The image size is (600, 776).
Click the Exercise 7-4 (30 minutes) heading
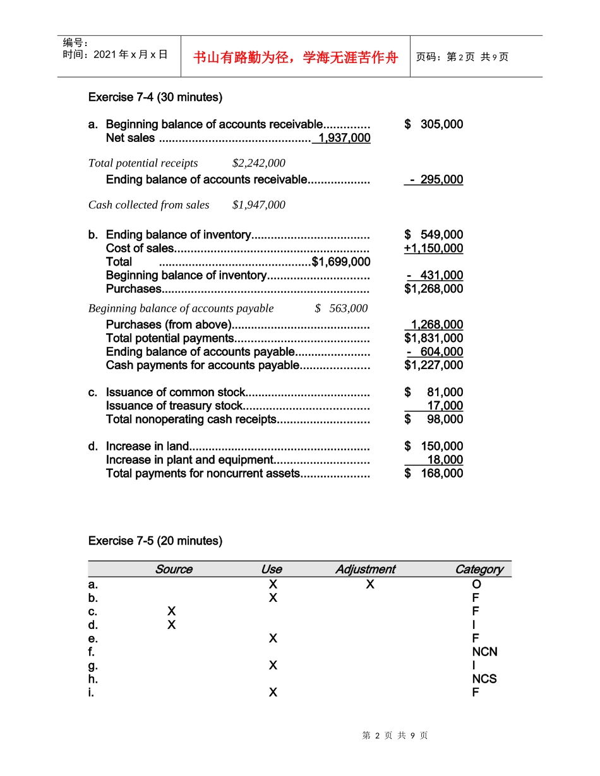click(155, 97)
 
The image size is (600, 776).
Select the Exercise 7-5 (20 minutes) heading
click(155, 541)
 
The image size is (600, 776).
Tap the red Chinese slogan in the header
click(296, 57)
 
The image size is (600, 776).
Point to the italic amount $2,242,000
click(259, 163)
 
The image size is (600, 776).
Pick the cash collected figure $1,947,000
click(259, 205)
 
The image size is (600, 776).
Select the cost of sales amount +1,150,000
click(433, 249)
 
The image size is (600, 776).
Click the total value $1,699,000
click(341, 262)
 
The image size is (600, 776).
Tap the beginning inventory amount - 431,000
click(435, 276)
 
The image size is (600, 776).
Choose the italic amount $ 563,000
click(341, 309)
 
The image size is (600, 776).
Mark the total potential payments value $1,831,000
click(433, 338)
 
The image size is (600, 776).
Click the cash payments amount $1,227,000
click(433, 365)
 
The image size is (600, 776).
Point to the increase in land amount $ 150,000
click(433, 446)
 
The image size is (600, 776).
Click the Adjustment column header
click(365, 569)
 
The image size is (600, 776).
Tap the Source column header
click(174, 569)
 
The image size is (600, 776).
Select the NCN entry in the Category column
click(484, 652)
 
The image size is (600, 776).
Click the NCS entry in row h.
click(484, 679)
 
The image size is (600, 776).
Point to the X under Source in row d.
click(172, 625)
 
